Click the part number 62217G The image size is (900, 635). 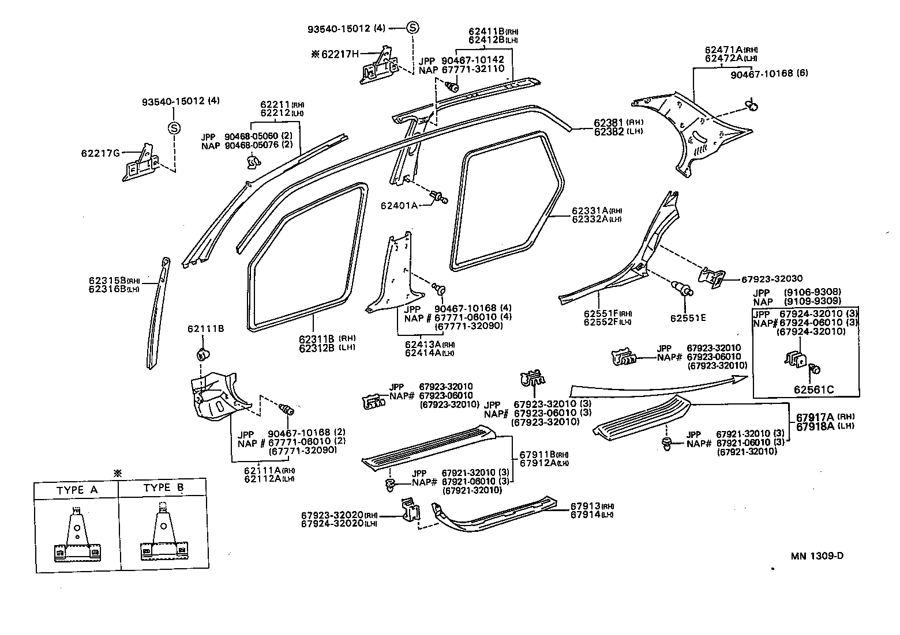(x=100, y=153)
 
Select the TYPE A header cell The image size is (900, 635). (x=77, y=490)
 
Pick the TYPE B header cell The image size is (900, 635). (x=163, y=487)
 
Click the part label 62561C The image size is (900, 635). (x=813, y=390)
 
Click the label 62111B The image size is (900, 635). (x=205, y=329)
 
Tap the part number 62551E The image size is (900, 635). (x=688, y=317)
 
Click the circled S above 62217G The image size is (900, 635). (x=174, y=128)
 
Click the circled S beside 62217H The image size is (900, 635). (x=413, y=27)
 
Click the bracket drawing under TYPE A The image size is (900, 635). (x=77, y=536)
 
